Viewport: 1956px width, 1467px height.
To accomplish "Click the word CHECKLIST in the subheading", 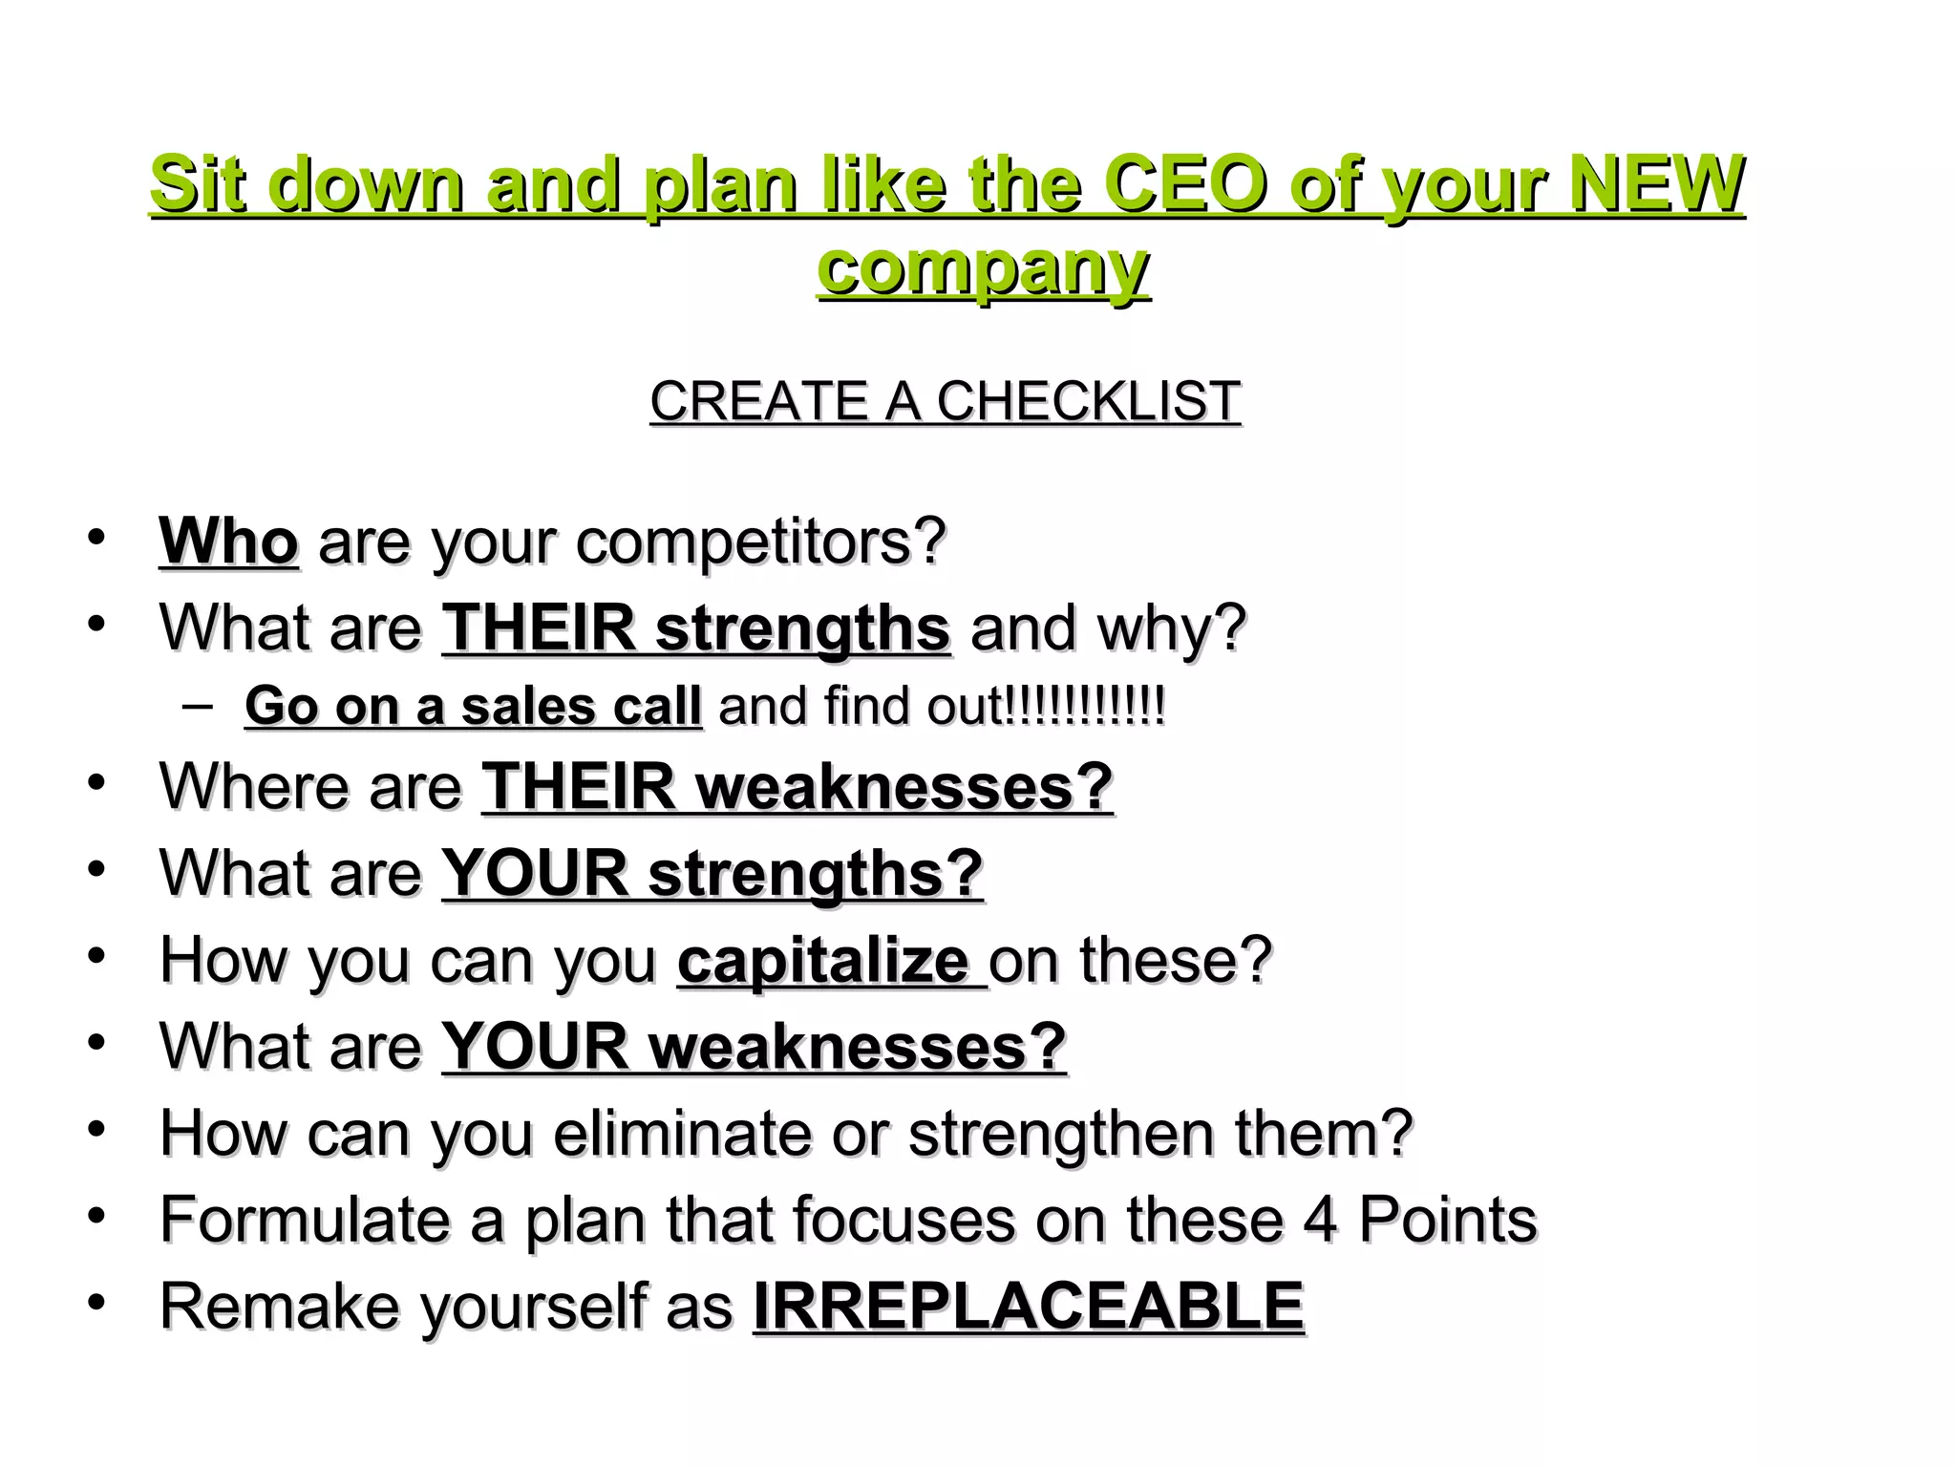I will (x=1088, y=401).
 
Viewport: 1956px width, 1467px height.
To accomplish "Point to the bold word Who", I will (x=228, y=542).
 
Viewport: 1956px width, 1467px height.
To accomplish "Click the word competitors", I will (x=760, y=542).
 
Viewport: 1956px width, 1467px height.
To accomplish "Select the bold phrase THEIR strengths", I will (x=695, y=627).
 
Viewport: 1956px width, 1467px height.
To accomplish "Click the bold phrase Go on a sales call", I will (x=473, y=707).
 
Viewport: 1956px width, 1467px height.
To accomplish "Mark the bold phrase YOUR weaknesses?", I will (x=754, y=1046).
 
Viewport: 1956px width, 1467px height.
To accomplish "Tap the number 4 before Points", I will (x=1320, y=1220).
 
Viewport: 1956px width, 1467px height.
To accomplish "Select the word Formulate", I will (x=303, y=1220).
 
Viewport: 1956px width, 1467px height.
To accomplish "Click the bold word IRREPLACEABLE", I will (x=1028, y=1306).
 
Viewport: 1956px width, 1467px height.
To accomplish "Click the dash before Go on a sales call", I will (x=196, y=707).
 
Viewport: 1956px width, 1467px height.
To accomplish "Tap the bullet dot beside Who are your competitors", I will (x=96, y=537).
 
